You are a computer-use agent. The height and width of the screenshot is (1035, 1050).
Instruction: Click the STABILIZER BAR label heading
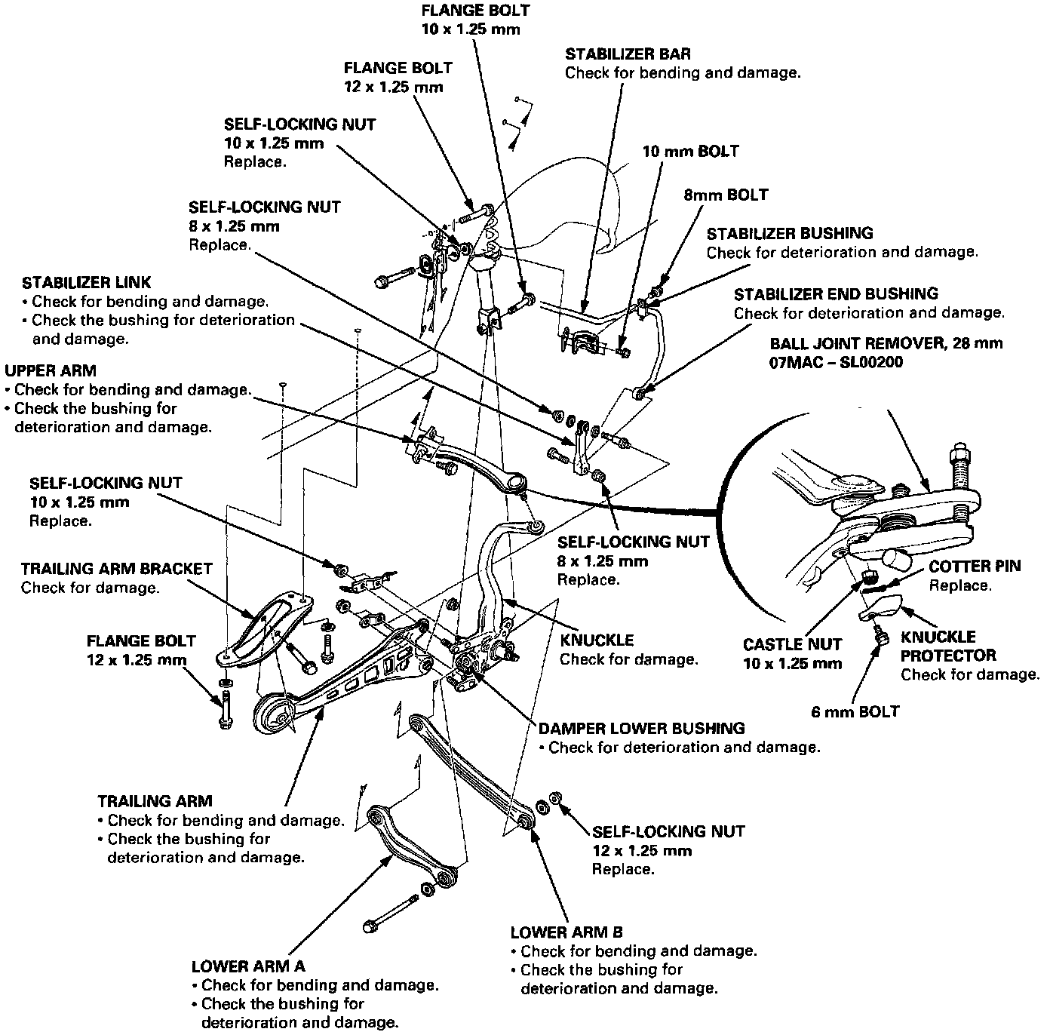click(x=628, y=54)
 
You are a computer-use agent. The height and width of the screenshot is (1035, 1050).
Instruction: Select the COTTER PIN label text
click(x=975, y=567)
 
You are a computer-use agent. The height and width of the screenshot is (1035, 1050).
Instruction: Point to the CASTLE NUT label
click(x=792, y=645)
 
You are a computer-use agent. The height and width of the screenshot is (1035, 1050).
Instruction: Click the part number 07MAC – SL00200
click(x=837, y=362)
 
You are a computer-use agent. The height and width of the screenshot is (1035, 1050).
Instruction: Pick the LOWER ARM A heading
click(x=248, y=966)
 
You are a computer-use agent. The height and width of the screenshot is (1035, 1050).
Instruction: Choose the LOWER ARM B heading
click(x=566, y=932)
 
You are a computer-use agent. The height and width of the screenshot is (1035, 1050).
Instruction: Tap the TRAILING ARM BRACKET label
click(x=117, y=569)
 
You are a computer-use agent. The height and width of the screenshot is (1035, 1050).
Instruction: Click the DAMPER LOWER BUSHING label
click(x=642, y=729)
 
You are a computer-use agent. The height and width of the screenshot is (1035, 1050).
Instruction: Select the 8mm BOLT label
click(x=726, y=195)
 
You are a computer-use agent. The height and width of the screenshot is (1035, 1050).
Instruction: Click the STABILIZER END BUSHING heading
click(x=836, y=294)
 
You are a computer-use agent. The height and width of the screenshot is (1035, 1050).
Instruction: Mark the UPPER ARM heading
click(x=51, y=371)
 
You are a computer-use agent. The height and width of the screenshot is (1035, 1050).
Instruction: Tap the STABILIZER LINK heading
click(x=87, y=283)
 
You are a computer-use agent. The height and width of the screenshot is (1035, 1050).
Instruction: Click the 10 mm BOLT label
click(x=690, y=152)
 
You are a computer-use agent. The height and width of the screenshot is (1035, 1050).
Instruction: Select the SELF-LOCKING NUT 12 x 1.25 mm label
click(x=668, y=832)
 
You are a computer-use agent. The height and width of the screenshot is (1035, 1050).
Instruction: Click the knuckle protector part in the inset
click(x=881, y=605)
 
